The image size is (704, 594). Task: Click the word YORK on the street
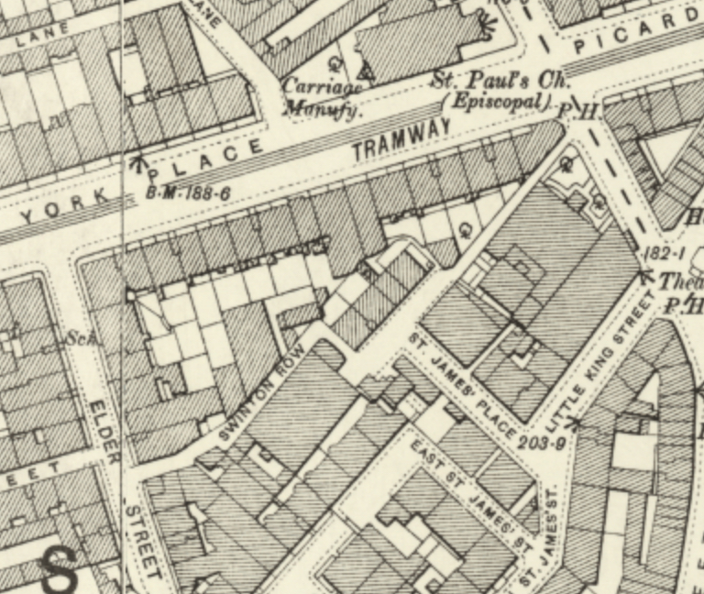(57, 210)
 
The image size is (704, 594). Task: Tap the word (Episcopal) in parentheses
(498, 102)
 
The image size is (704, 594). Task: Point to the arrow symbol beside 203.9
(575, 423)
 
